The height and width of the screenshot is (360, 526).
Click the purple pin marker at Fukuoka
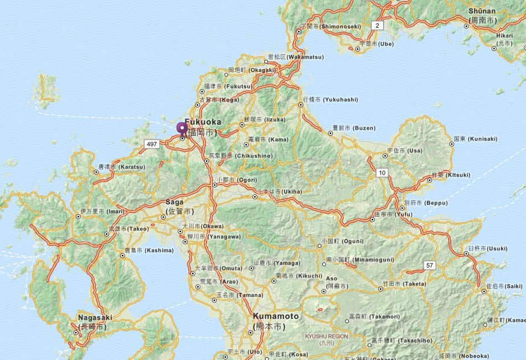[x=182, y=128]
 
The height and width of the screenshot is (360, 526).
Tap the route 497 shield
[x=151, y=144]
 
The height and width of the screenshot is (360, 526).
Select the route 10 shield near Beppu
[x=382, y=173]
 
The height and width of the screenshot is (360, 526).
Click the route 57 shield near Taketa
[x=430, y=266]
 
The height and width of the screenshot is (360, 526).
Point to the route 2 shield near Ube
[x=377, y=25]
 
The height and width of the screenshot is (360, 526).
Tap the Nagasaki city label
[x=95, y=318]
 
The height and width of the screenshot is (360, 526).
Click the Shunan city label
[x=482, y=11]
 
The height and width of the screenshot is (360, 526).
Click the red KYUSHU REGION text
[x=327, y=336]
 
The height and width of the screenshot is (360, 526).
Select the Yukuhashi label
[x=331, y=100]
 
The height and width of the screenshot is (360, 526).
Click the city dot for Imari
[x=78, y=217]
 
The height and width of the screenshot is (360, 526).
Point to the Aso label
[x=331, y=278]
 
